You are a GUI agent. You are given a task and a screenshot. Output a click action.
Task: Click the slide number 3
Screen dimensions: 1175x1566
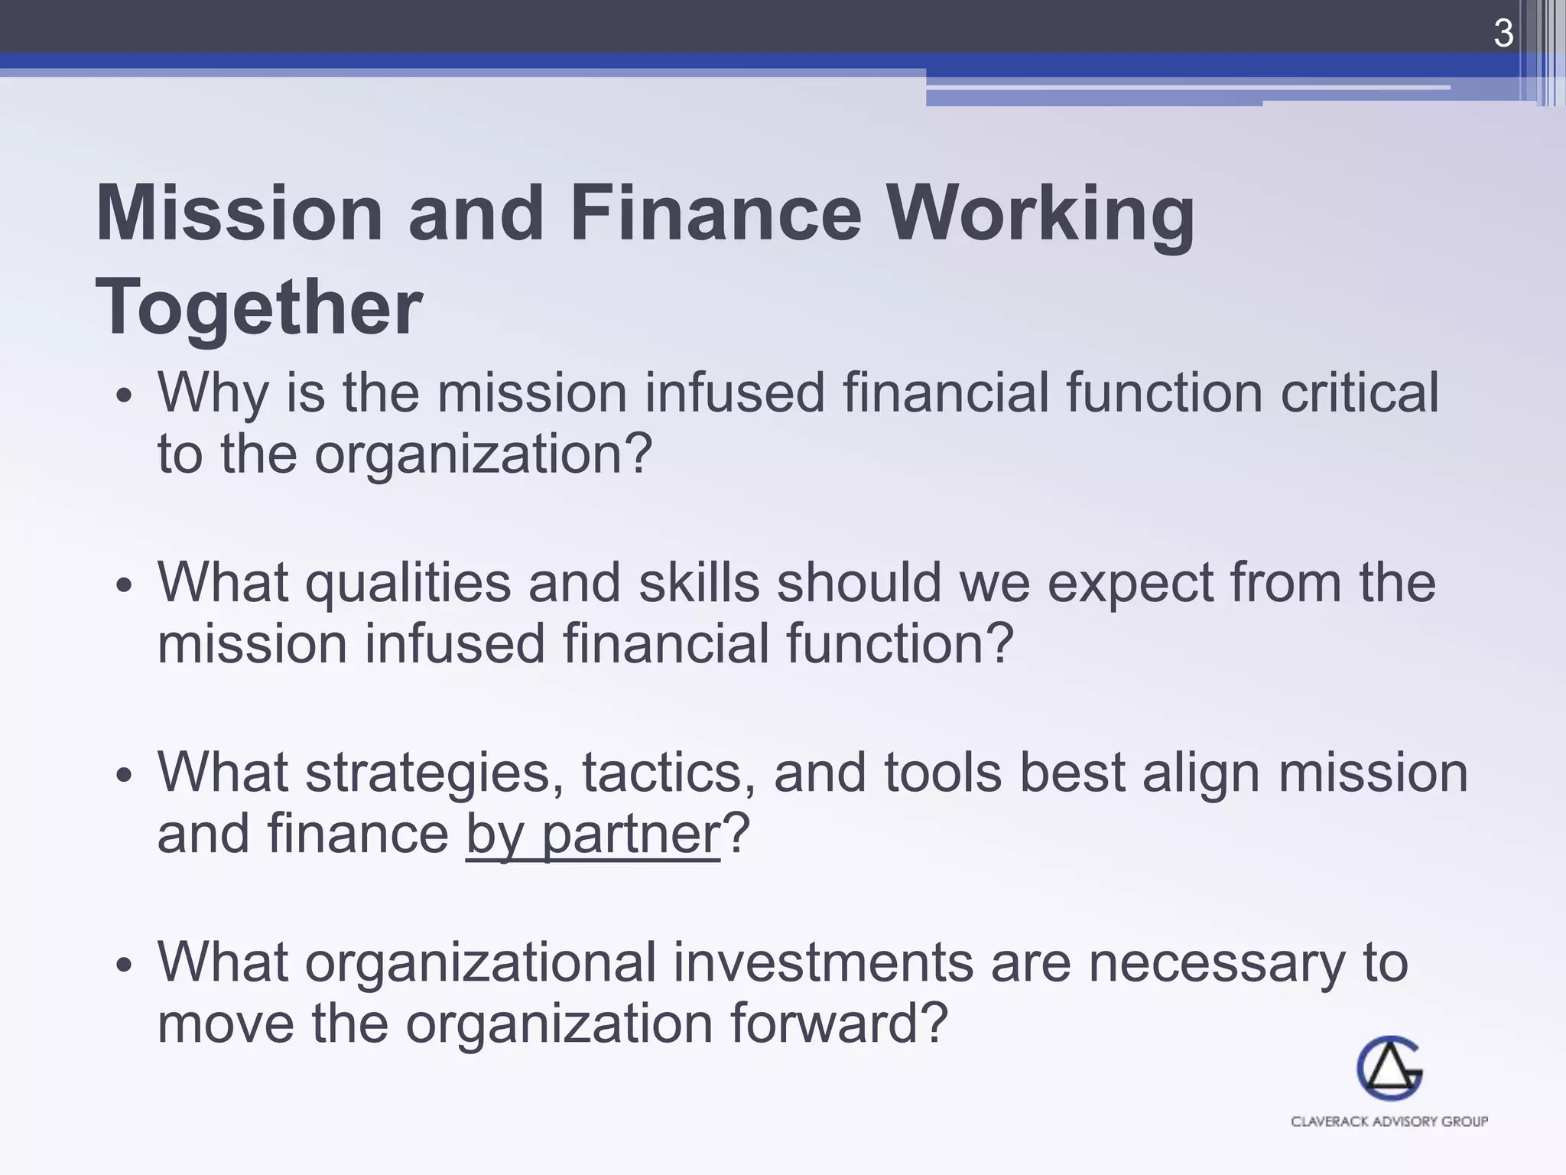[x=1503, y=34]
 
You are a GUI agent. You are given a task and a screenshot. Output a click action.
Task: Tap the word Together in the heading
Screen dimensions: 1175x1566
[x=258, y=308]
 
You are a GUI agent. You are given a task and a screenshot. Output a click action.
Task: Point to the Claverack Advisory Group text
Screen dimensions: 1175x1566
[x=1389, y=1121]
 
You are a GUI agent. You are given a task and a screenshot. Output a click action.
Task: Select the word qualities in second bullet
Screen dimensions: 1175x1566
[x=408, y=584]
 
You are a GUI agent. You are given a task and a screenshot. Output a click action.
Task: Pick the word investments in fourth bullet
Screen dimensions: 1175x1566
[x=823, y=962]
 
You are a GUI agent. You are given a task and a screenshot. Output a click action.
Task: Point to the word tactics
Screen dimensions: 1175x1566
[x=662, y=773]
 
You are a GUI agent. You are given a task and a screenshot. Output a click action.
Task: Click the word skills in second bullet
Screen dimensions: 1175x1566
[x=699, y=583]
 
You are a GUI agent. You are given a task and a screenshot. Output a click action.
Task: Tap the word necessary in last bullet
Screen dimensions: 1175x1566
[x=1216, y=964]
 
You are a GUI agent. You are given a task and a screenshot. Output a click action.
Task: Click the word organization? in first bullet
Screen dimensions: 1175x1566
[x=483, y=454]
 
